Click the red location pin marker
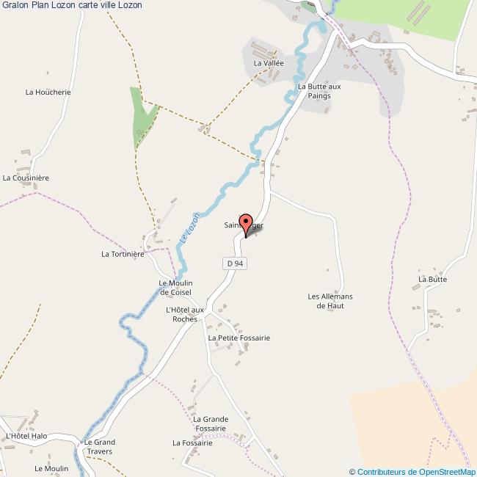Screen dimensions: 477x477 (x=247, y=224)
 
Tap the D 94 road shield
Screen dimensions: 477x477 (x=234, y=263)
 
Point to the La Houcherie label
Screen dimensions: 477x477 (x=48, y=92)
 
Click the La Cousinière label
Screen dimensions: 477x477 (x=26, y=178)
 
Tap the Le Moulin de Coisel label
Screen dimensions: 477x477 (x=175, y=288)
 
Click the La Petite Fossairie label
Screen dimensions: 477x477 (x=239, y=338)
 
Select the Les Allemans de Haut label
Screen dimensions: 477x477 (x=330, y=300)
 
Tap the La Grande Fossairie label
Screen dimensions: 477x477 (x=211, y=423)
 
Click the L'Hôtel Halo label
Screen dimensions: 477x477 (x=26, y=436)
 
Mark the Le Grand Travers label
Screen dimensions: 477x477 (x=99, y=447)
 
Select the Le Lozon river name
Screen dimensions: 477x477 (x=189, y=233)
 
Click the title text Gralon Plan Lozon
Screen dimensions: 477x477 (x=71, y=5)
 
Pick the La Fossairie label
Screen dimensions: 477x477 (x=192, y=443)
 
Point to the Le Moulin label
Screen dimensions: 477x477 (x=56, y=468)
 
